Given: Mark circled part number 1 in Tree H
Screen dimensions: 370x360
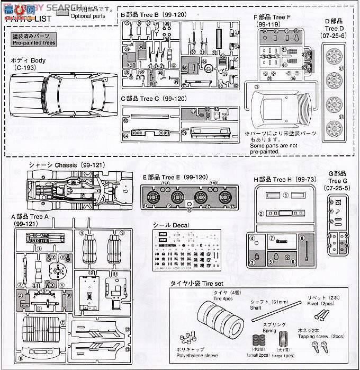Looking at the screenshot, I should (285, 195).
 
